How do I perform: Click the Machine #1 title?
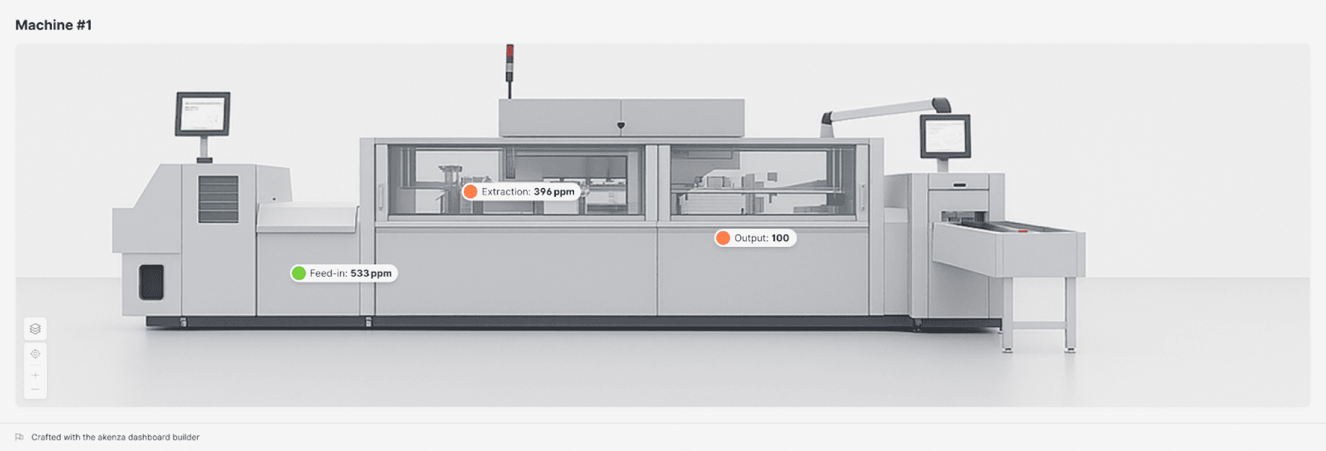[53, 25]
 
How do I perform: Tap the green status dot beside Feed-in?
[298, 273]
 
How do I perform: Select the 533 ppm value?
[370, 273]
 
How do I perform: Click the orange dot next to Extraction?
[470, 192]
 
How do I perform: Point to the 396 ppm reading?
[553, 192]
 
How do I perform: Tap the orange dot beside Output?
[723, 238]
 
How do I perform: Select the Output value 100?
[780, 238]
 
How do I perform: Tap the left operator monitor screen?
[202, 113]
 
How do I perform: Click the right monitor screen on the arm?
[945, 136]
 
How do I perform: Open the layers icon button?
[35, 329]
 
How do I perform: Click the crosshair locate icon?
[35, 354]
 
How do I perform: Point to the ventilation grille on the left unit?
[218, 199]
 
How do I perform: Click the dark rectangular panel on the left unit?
[151, 282]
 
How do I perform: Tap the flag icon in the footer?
[19, 437]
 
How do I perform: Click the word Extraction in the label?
[505, 192]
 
